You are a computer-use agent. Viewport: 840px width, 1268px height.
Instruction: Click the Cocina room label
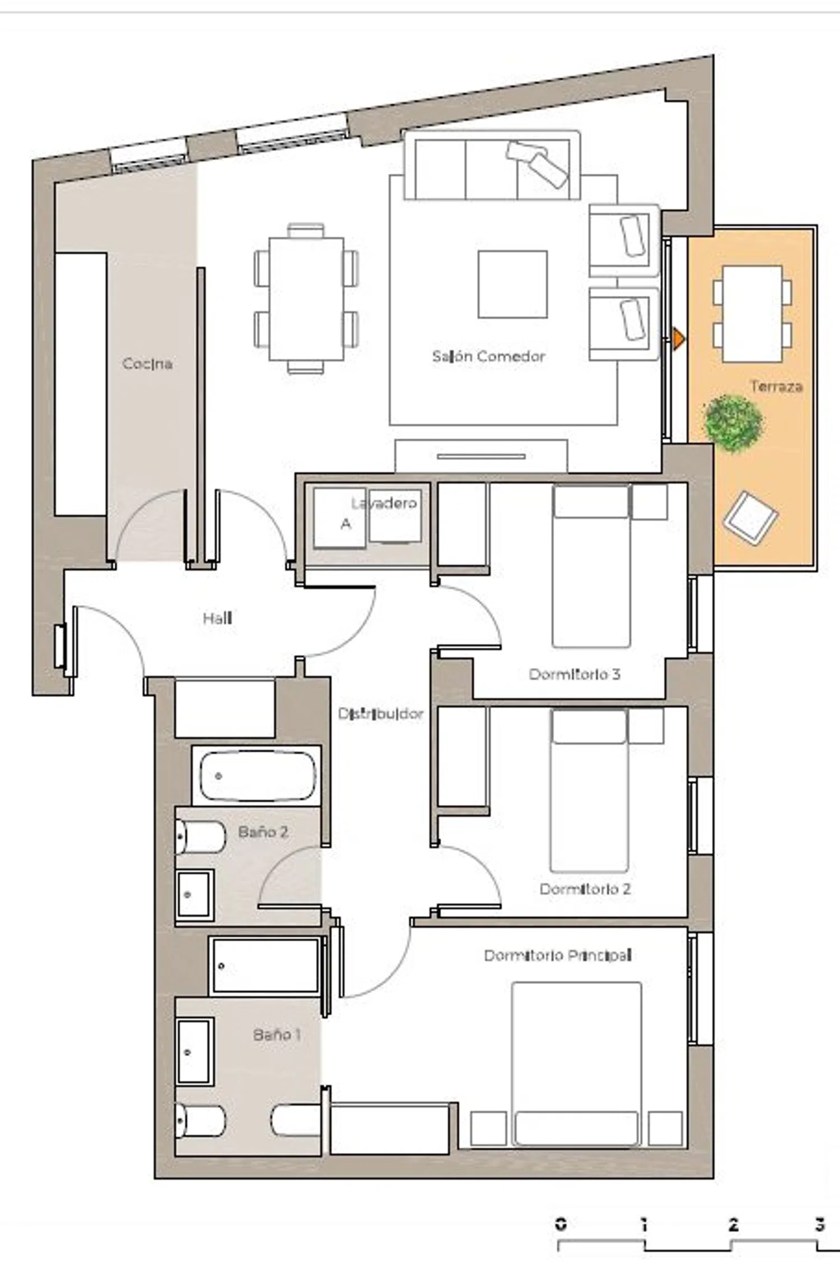tap(147, 364)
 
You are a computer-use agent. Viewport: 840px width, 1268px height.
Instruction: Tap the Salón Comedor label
tap(488, 356)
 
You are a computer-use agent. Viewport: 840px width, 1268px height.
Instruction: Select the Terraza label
tap(776, 386)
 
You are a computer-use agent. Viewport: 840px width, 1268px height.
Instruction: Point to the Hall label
tap(217, 618)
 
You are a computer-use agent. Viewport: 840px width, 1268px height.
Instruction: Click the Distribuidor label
tap(381, 714)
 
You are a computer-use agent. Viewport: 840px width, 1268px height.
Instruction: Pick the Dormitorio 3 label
tap(575, 674)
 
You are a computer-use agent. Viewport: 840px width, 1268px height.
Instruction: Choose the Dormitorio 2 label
tap(585, 889)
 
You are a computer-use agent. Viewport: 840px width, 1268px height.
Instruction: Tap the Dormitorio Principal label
tap(558, 955)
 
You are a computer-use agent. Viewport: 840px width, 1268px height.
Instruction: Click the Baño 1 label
tap(277, 1034)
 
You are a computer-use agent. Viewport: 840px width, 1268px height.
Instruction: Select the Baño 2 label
tap(263, 832)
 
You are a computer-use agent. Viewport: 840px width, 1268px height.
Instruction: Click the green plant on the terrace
tap(733, 424)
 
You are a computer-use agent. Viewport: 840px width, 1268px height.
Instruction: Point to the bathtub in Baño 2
tap(257, 776)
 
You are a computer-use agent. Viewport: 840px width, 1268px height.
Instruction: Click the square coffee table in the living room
tap(512, 284)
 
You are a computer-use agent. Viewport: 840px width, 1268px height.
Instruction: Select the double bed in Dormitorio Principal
tap(576, 1063)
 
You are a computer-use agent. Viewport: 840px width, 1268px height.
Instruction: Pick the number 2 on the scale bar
tap(733, 1225)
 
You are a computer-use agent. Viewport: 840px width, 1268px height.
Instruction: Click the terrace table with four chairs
tap(752, 314)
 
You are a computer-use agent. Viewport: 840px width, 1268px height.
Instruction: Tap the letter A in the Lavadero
tap(346, 524)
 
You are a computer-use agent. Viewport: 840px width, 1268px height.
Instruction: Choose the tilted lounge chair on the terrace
tap(750, 517)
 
